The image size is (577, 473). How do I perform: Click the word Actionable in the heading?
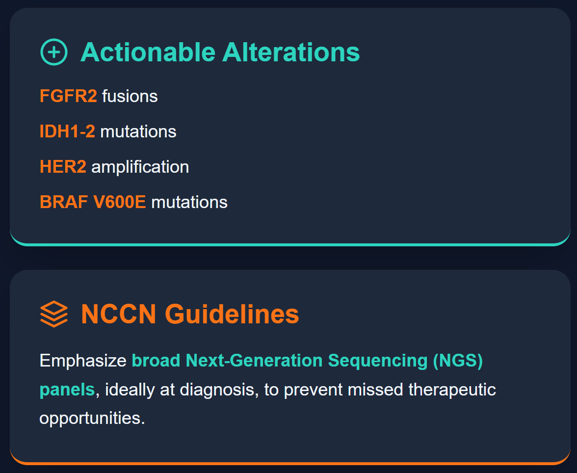(148, 53)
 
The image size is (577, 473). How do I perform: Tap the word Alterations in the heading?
(291, 53)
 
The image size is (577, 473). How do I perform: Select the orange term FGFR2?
(68, 96)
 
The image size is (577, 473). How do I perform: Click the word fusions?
(130, 96)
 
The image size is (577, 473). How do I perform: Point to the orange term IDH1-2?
(67, 131)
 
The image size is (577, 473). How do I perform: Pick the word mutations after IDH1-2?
(138, 132)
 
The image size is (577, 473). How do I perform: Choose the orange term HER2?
(63, 167)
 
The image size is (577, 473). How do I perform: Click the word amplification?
(140, 167)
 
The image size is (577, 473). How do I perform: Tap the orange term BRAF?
(64, 202)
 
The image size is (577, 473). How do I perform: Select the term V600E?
(120, 202)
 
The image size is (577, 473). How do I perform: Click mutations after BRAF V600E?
(189, 203)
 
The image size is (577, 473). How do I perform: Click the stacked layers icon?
(54, 314)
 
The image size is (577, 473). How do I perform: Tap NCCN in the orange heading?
(119, 314)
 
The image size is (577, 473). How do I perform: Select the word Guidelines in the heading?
(232, 314)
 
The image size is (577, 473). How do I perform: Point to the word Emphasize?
(83, 360)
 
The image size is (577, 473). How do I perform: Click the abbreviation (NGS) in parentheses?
(458, 360)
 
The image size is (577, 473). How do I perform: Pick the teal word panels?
(67, 390)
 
